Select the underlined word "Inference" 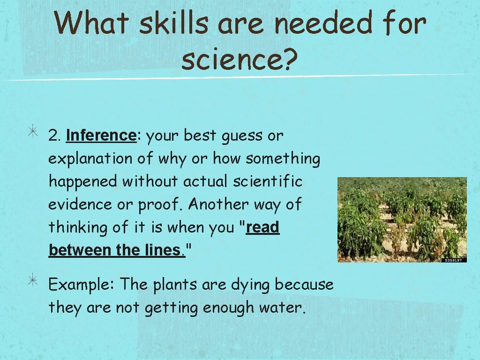[x=101, y=135]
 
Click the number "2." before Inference [x=55, y=135]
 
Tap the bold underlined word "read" [x=262, y=227]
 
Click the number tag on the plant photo [x=454, y=260]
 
